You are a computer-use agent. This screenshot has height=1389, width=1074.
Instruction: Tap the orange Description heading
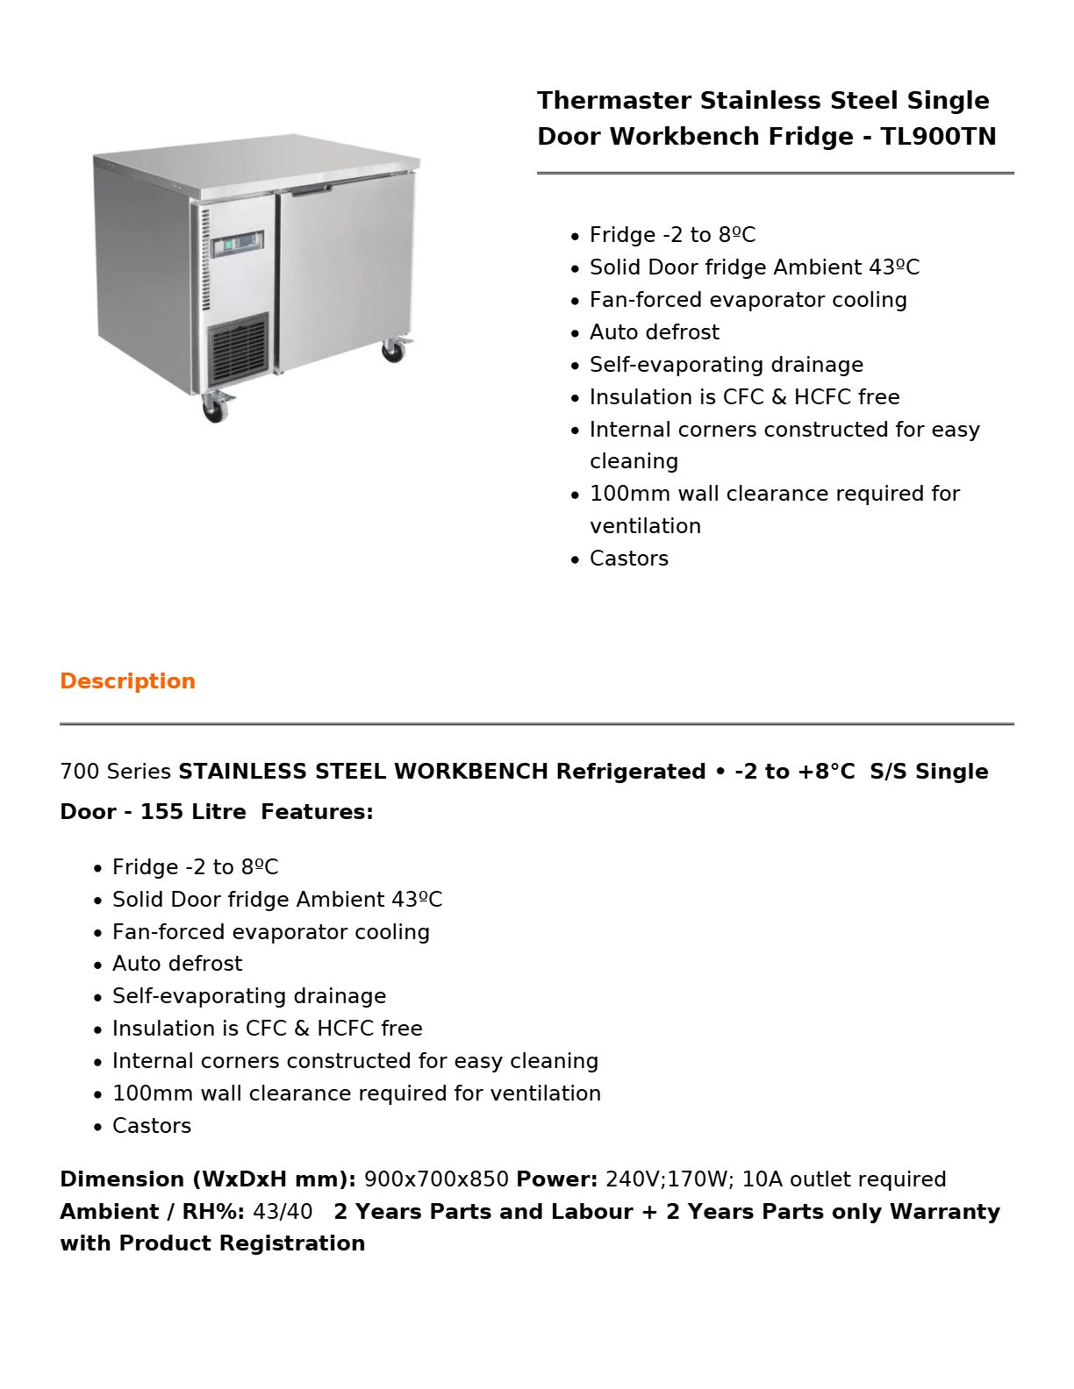point(127,681)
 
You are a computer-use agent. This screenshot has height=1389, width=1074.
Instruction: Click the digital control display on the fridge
point(238,244)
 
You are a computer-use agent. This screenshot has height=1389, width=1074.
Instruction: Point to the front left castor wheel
point(214,408)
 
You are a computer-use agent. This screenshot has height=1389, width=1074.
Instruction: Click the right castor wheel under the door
point(393,351)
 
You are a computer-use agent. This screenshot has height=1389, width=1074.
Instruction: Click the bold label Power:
point(556,1179)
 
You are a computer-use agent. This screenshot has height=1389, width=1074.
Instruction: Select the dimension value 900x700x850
point(436,1179)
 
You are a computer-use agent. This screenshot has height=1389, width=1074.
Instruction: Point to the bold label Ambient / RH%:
point(152,1212)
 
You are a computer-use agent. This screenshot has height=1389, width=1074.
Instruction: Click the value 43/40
point(283,1212)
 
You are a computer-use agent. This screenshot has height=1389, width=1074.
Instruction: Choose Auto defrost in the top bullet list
point(654,332)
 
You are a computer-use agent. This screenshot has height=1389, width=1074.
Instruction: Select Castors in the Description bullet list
point(152,1126)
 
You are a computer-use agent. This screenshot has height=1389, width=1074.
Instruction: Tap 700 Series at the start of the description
point(115,772)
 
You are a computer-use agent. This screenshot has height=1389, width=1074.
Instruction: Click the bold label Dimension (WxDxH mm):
point(208,1179)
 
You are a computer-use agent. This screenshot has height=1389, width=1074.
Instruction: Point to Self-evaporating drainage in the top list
point(726,365)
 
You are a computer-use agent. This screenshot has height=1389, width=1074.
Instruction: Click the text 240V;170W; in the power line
point(669,1179)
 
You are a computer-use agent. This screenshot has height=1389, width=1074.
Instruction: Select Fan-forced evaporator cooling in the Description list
point(270,932)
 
